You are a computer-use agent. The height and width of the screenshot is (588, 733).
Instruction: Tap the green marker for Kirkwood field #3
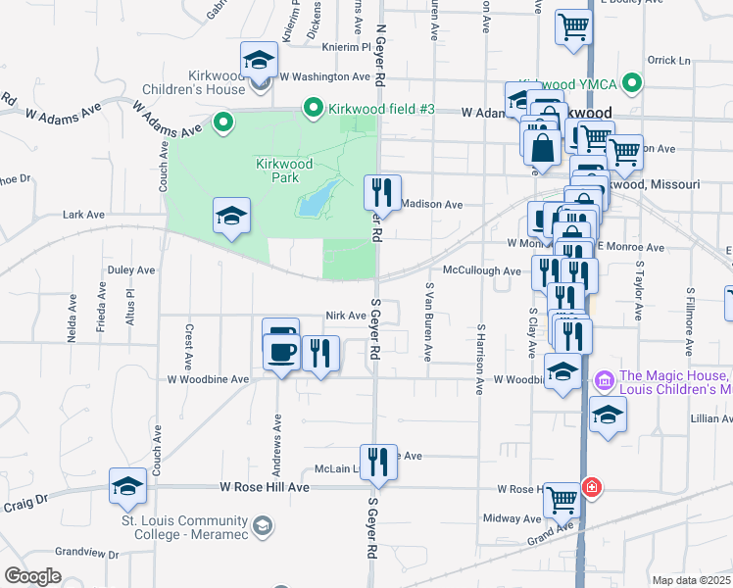[x=314, y=108]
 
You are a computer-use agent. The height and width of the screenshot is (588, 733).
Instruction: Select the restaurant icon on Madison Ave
[x=382, y=191]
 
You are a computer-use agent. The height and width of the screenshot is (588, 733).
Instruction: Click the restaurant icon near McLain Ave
[x=378, y=462]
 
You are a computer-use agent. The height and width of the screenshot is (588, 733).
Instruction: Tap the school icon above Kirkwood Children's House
[x=259, y=61]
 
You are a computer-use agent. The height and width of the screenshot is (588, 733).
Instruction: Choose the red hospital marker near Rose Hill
[x=591, y=487]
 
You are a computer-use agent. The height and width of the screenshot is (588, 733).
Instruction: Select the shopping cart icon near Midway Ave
[x=562, y=500]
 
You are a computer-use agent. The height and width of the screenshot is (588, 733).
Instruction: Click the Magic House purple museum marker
[x=604, y=378]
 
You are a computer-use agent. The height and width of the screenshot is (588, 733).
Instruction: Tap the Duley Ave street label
[x=131, y=269]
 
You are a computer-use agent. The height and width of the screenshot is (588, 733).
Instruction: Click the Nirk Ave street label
[x=346, y=316]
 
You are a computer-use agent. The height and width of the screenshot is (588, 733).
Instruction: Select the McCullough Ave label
[x=481, y=270]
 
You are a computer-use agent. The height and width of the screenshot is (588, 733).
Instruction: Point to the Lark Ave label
[x=83, y=214]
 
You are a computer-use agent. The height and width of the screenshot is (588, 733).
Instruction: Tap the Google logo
[x=32, y=576]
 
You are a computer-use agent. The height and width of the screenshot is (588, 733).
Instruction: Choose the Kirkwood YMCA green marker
[x=633, y=84]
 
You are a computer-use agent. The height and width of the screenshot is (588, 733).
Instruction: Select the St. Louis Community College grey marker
[x=262, y=527]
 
